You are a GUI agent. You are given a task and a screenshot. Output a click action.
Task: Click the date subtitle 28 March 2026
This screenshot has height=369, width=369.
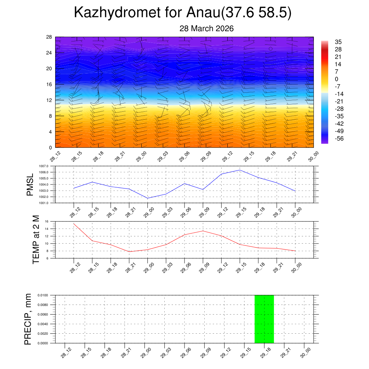(x=206, y=29)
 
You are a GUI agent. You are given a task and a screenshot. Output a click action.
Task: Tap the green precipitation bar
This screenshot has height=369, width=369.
(x=264, y=319)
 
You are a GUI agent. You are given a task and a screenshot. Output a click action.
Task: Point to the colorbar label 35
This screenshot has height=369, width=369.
(x=338, y=42)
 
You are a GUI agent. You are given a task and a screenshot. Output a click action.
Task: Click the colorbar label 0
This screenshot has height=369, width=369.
(x=337, y=79)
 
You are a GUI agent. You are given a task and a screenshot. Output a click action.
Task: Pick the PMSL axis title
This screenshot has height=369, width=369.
(x=30, y=184)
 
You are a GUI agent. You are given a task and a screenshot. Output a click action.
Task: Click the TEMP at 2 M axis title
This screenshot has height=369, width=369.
(x=36, y=240)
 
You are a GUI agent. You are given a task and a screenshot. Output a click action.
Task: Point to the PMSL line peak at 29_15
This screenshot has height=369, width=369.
(x=240, y=170)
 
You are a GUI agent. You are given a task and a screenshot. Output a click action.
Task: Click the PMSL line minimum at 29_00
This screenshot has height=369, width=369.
(x=147, y=198)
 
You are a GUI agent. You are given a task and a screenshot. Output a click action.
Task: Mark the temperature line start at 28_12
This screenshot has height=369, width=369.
(x=74, y=223)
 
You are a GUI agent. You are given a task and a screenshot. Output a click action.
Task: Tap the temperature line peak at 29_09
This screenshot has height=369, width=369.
(x=203, y=231)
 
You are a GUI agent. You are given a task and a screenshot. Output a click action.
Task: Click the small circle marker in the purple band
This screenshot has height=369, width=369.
(x=271, y=48)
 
